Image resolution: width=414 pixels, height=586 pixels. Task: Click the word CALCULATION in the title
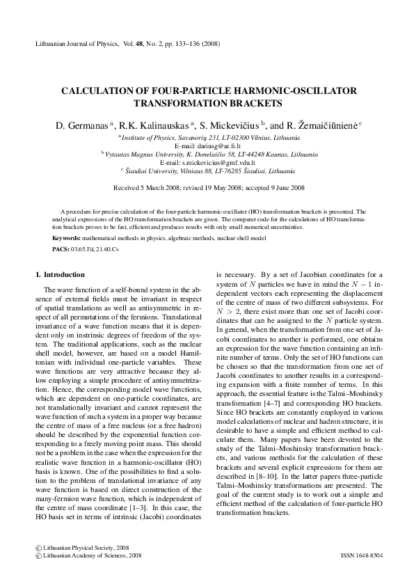coord(101,91)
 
